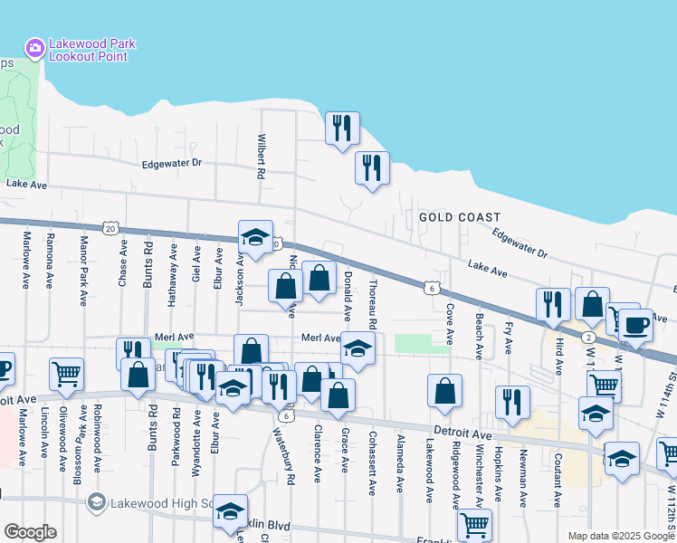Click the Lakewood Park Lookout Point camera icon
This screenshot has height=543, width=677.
[x=34, y=47]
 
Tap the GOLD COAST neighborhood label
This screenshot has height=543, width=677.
[x=460, y=217]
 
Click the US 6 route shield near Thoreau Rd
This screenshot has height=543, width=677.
[x=434, y=287]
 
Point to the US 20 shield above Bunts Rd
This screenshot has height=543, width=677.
[x=110, y=229]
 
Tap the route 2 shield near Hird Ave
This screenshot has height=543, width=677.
[x=588, y=337]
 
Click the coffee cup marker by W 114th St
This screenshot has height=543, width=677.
[x=635, y=325]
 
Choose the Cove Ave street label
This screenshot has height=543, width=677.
[x=449, y=324]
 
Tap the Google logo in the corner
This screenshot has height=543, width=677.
[x=30, y=532]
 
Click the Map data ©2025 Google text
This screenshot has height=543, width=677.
[x=620, y=535]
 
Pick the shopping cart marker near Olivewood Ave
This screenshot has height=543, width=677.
[x=67, y=373]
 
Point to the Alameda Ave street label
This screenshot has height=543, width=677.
[x=399, y=463]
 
